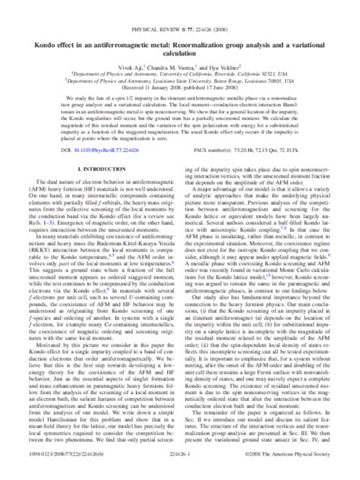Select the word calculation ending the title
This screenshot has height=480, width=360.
point(179,35)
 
